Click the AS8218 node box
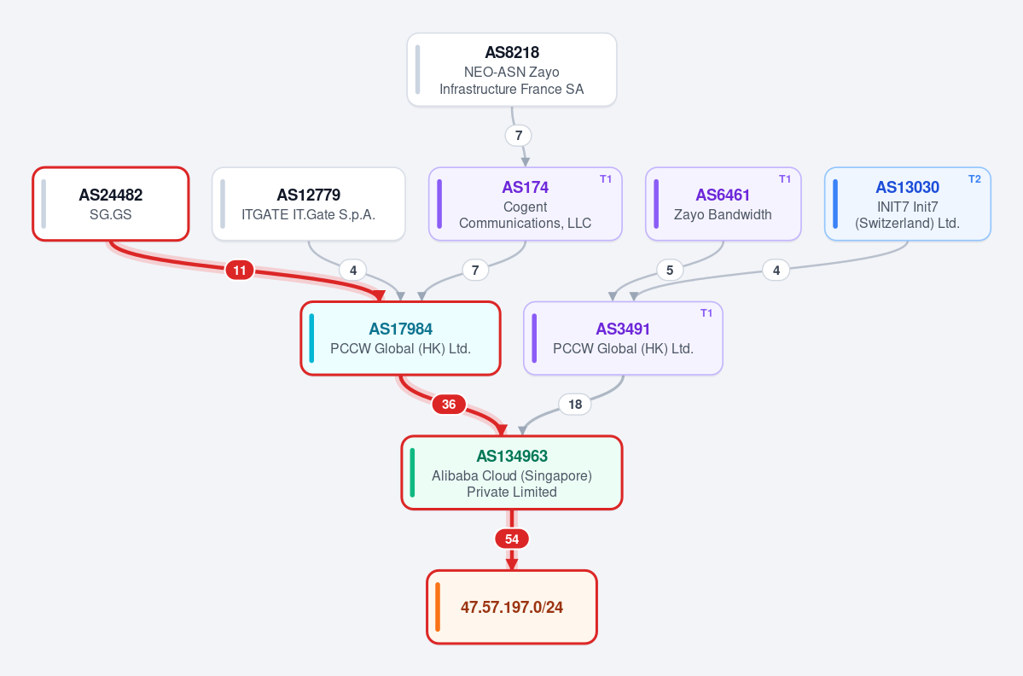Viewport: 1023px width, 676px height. click(x=512, y=70)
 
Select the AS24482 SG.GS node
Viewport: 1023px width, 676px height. click(x=111, y=204)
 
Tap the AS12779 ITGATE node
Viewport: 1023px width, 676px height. click(x=309, y=204)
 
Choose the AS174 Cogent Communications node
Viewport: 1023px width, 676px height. click(x=526, y=204)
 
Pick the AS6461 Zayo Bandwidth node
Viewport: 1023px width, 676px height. click(x=723, y=204)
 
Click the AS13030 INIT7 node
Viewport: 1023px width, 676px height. click(x=908, y=204)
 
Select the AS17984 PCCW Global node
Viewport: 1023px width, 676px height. click(x=401, y=338)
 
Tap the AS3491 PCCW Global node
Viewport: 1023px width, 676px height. click(x=623, y=338)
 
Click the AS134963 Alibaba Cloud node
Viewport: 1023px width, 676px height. click(x=512, y=472)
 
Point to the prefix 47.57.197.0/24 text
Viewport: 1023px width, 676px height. click(x=512, y=608)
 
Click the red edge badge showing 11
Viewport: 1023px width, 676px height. click(x=240, y=270)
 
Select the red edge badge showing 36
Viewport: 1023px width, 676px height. click(x=449, y=405)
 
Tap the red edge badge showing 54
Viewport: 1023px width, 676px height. click(x=512, y=539)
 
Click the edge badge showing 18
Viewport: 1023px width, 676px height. click(x=575, y=405)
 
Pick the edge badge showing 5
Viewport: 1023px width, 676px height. click(x=670, y=270)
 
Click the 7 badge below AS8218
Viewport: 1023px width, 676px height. click(x=519, y=136)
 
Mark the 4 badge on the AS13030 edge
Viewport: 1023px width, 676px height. click(x=776, y=270)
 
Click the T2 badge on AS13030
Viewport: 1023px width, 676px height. click(x=974, y=179)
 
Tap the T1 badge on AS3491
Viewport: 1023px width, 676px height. click(x=706, y=313)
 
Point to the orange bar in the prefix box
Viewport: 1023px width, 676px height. click(x=437, y=607)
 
